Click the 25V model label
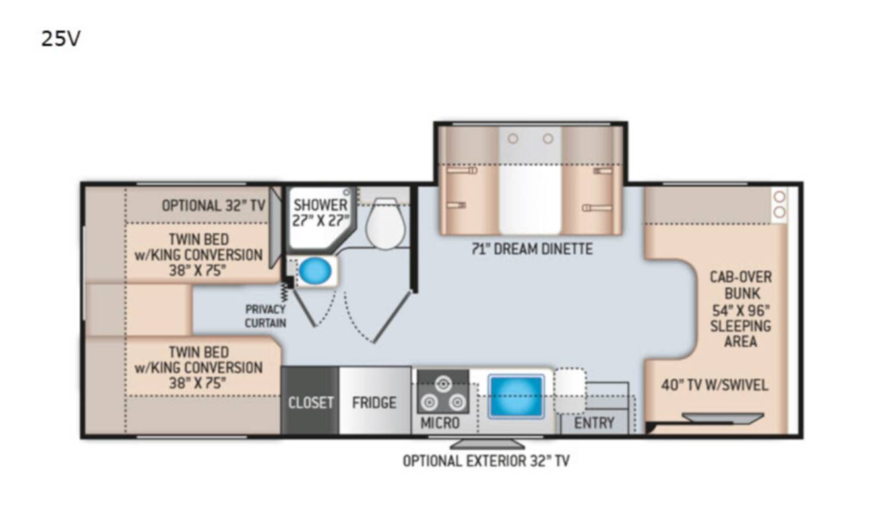pyautogui.click(x=61, y=39)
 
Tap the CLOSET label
pyautogui.click(x=311, y=402)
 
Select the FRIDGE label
pyautogui.click(x=374, y=402)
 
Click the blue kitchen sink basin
pyautogui.click(x=516, y=396)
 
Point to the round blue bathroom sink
pyautogui.click(x=315, y=270)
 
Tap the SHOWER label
pyautogui.click(x=321, y=205)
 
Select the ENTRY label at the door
pyautogui.click(x=594, y=423)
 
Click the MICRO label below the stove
pyautogui.click(x=440, y=423)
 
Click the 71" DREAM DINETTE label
pyautogui.click(x=532, y=249)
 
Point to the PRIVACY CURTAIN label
pyautogui.click(x=266, y=316)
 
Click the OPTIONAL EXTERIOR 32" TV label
pyautogui.click(x=486, y=461)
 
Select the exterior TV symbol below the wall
pyautogui.click(x=487, y=444)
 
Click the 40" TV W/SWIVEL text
pyautogui.click(x=714, y=385)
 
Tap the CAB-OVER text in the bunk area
pyautogui.click(x=741, y=277)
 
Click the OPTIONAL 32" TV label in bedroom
pyautogui.click(x=214, y=205)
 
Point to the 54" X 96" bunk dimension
pyautogui.click(x=741, y=311)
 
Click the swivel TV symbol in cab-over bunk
pyautogui.click(x=723, y=417)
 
